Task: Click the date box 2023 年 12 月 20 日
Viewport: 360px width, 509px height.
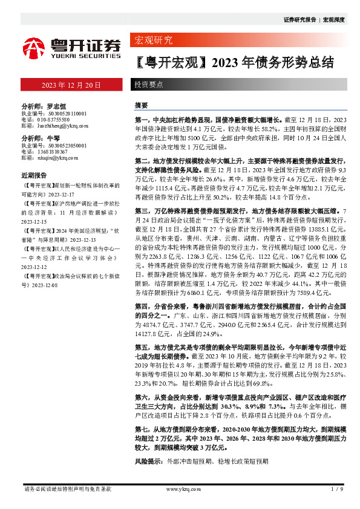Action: [x=71, y=85]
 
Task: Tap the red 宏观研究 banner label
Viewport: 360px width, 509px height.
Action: [x=152, y=41]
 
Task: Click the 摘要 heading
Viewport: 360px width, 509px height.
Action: [x=141, y=105]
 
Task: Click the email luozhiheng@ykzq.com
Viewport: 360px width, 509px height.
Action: [x=62, y=126]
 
